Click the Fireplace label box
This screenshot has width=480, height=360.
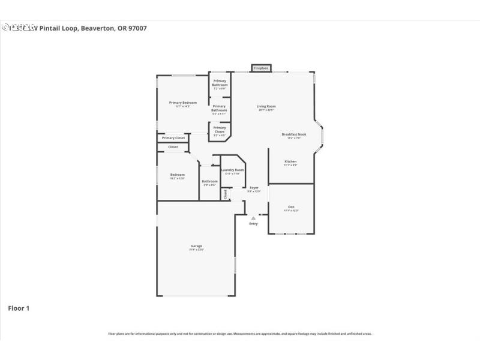[261, 68]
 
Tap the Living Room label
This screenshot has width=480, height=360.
[266, 106]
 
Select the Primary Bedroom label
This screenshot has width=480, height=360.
[182, 103]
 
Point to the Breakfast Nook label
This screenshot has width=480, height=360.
[294, 134]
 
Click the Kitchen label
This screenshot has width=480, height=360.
[290, 161]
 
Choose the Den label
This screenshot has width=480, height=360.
[291, 207]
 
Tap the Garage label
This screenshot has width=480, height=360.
[196, 246]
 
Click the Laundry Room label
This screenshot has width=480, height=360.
[232, 170]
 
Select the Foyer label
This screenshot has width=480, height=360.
[254, 188]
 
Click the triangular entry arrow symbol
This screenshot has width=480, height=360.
[253, 218]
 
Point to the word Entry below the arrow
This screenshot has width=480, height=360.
[253, 224]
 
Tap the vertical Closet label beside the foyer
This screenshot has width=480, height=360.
[226, 194]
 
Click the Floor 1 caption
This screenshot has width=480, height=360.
[19, 308]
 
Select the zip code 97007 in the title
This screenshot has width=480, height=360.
[137, 28]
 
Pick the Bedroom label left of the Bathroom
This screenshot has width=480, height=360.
[177, 175]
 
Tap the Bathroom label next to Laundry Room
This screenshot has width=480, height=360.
[209, 181]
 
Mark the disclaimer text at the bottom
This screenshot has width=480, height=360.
[240, 334]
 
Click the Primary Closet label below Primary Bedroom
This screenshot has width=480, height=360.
[173, 138]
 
